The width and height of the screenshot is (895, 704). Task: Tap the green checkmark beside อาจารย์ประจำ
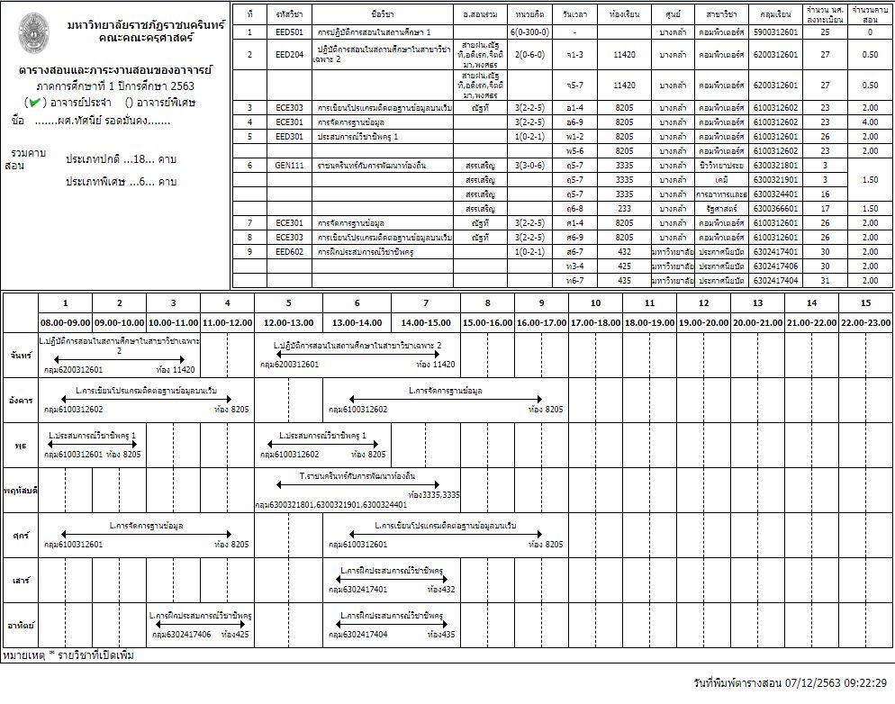32,102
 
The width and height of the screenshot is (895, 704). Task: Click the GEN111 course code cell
289,166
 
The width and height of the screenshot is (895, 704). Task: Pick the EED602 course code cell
289,252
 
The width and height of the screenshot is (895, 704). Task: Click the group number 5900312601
775,32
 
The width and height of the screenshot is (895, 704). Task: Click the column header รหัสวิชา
289,15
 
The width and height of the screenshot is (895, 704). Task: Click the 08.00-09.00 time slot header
65,322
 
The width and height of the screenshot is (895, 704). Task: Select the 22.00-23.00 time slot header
865,322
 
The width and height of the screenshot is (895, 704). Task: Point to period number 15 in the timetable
865,303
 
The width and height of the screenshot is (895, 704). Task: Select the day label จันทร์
20,356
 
